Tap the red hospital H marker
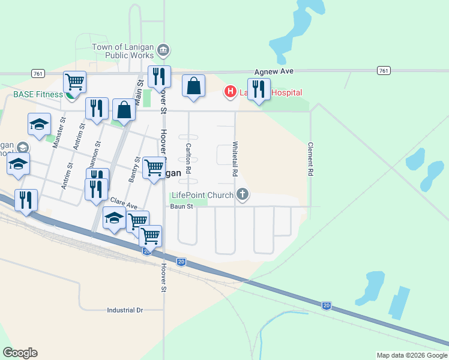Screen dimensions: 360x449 (x=229, y=92)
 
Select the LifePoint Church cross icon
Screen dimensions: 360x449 (x=243, y=194)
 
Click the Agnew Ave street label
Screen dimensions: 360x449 (x=273, y=71)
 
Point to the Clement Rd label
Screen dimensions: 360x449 (x=310, y=158)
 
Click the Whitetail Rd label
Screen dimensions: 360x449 (x=235, y=158)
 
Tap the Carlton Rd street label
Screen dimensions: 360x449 (x=188, y=158)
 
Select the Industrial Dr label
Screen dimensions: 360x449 (x=125, y=310)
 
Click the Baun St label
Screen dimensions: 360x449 (x=181, y=206)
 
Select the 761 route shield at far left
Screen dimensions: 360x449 (x=38, y=73)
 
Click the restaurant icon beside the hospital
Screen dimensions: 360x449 (x=259, y=89)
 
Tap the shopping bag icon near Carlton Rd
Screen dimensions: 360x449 (x=194, y=86)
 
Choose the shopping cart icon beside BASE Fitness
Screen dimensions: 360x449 (x=74, y=82)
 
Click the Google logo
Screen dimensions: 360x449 (x=20, y=353)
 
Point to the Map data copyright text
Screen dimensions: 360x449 (x=412, y=355)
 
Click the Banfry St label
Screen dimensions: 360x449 (x=134, y=169)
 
